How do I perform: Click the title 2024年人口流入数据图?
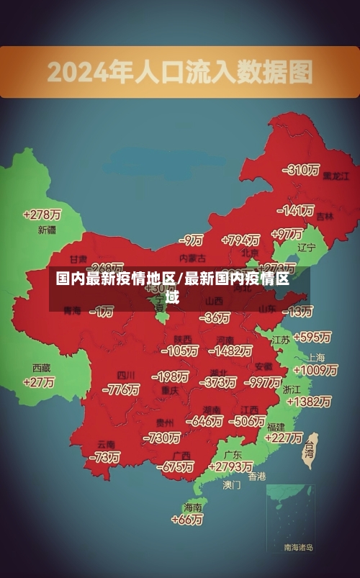click(x=180, y=71)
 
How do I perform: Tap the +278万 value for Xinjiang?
click(x=42, y=215)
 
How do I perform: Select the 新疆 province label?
click(x=46, y=230)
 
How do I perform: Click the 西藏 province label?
click(x=41, y=368)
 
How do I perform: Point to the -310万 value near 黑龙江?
click(x=301, y=170)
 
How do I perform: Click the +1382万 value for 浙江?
click(x=307, y=402)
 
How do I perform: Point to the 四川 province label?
click(x=126, y=376)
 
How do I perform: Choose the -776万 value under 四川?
click(x=121, y=389)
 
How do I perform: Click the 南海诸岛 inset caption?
click(x=298, y=548)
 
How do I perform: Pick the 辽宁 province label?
click(x=306, y=248)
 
